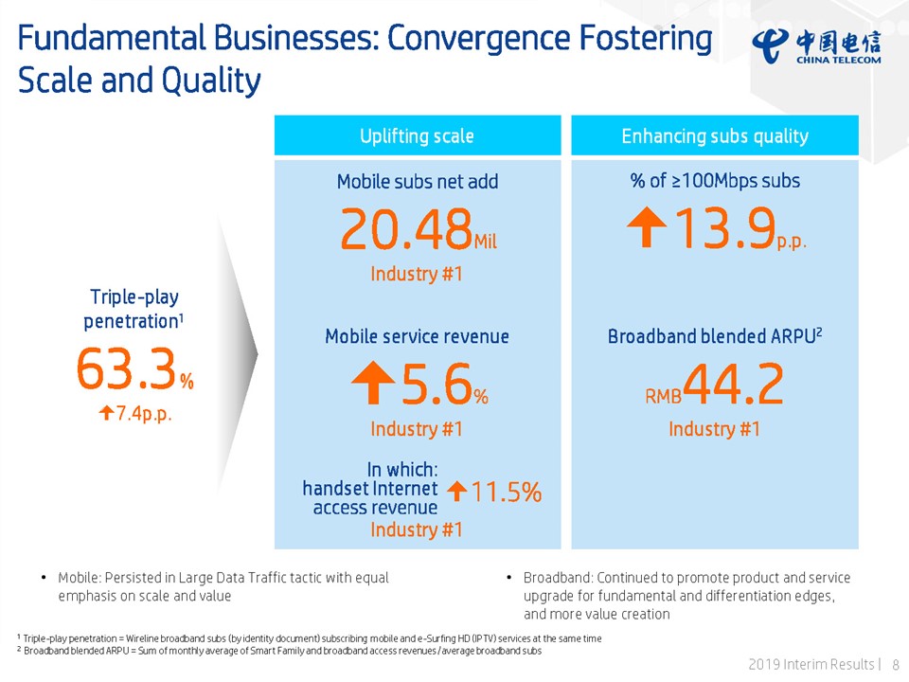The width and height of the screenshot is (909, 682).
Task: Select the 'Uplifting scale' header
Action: (x=417, y=136)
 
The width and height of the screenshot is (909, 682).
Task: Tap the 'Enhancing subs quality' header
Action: (x=715, y=136)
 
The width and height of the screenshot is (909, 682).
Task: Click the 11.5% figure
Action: (x=508, y=492)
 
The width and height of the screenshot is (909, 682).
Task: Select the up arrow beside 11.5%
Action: (x=456, y=491)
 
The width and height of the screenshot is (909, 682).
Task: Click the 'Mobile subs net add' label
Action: (x=417, y=181)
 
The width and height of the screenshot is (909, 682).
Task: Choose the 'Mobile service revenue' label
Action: (x=417, y=336)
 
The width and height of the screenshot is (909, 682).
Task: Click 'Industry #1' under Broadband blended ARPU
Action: (x=714, y=429)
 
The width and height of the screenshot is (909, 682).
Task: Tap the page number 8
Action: (x=896, y=664)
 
